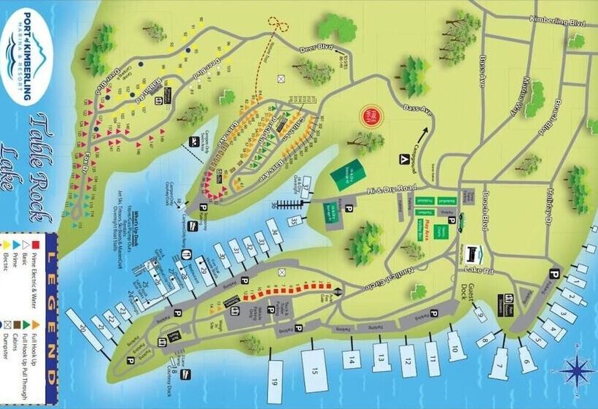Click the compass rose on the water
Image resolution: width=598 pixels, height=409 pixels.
(576, 367)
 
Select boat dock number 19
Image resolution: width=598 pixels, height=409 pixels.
(275, 378)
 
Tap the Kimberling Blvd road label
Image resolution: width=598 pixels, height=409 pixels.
(559, 22)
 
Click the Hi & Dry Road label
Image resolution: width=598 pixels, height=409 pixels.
(392, 191)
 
